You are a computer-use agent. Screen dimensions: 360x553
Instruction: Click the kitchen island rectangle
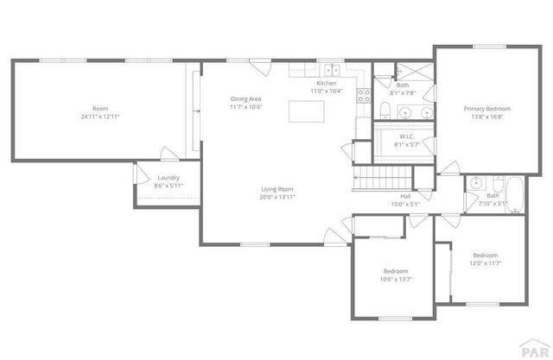pos(306,112)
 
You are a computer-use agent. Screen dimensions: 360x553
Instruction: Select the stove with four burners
pos(365,94)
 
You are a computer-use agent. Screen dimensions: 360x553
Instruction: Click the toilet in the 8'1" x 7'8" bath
pos(385,109)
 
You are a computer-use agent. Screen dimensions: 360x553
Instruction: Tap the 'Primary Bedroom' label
pos(486,109)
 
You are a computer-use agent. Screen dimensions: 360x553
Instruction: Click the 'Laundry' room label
pos(168,177)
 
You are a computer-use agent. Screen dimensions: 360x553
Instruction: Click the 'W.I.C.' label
pos(406,136)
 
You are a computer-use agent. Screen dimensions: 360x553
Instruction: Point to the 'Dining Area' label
pos(245,98)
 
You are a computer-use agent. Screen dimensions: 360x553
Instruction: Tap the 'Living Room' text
pos(278,189)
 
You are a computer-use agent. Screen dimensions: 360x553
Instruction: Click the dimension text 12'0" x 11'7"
pos(485,263)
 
